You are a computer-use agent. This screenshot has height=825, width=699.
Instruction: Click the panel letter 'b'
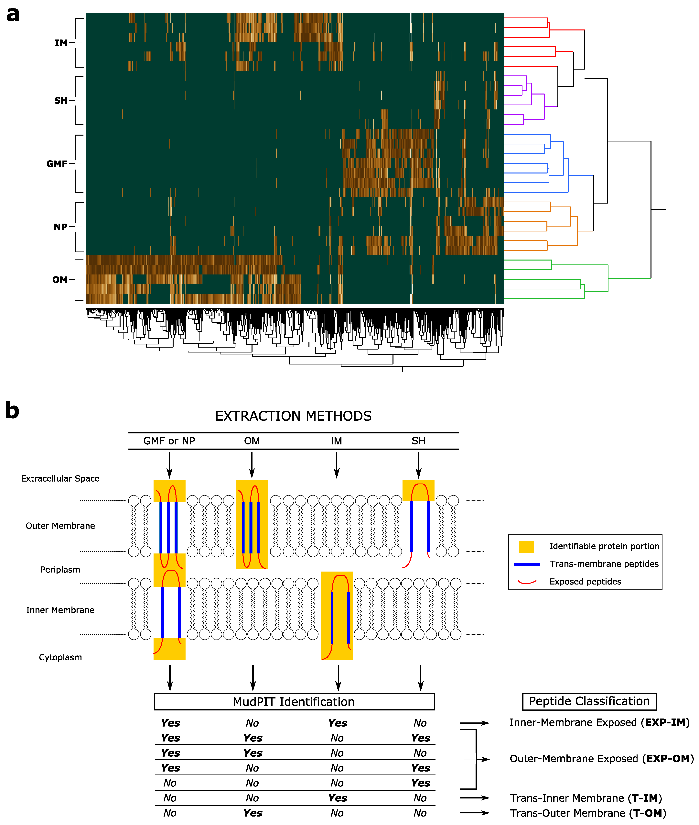[x=12, y=411]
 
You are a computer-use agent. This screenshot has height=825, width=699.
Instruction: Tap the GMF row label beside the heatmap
[x=57, y=164]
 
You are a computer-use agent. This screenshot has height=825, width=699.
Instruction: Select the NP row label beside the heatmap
[x=60, y=227]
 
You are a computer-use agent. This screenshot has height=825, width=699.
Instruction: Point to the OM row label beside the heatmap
[x=60, y=280]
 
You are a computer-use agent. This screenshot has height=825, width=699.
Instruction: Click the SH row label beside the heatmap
[x=61, y=101]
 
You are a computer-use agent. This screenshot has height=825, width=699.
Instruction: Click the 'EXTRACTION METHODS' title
[x=293, y=416]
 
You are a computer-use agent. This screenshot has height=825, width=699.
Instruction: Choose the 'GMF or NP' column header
[x=169, y=441]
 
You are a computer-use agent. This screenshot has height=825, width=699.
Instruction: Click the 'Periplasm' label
[x=60, y=570]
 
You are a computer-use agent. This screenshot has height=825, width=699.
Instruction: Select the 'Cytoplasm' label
[x=60, y=657]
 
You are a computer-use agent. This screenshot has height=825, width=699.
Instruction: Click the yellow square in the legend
[x=526, y=547]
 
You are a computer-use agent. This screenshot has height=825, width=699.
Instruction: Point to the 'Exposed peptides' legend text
[x=585, y=582]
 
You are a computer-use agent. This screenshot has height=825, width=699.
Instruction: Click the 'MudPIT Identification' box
[x=294, y=702]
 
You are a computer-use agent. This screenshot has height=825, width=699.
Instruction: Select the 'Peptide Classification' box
[x=589, y=701]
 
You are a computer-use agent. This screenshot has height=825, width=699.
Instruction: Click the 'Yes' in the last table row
[x=253, y=813]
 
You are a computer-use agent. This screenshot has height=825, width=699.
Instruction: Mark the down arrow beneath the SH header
[x=418, y=465]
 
